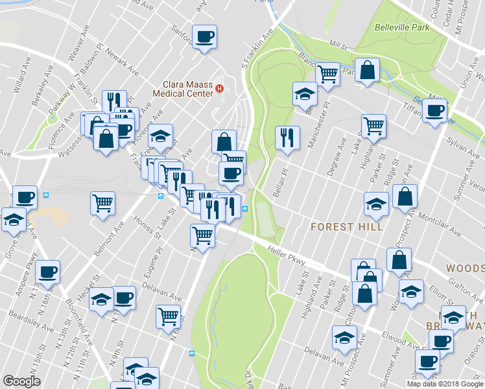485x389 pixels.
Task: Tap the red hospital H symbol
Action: [x=220, y=89]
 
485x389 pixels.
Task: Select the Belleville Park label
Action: [x=402, y=28]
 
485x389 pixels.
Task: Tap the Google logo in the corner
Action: [x=22, y=381]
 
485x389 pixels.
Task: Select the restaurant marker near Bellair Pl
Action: [x=286, y=137]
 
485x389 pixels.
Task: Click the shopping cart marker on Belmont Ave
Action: [x=102, y=204]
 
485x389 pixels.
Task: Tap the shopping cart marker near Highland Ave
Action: [x=373, y=126]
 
